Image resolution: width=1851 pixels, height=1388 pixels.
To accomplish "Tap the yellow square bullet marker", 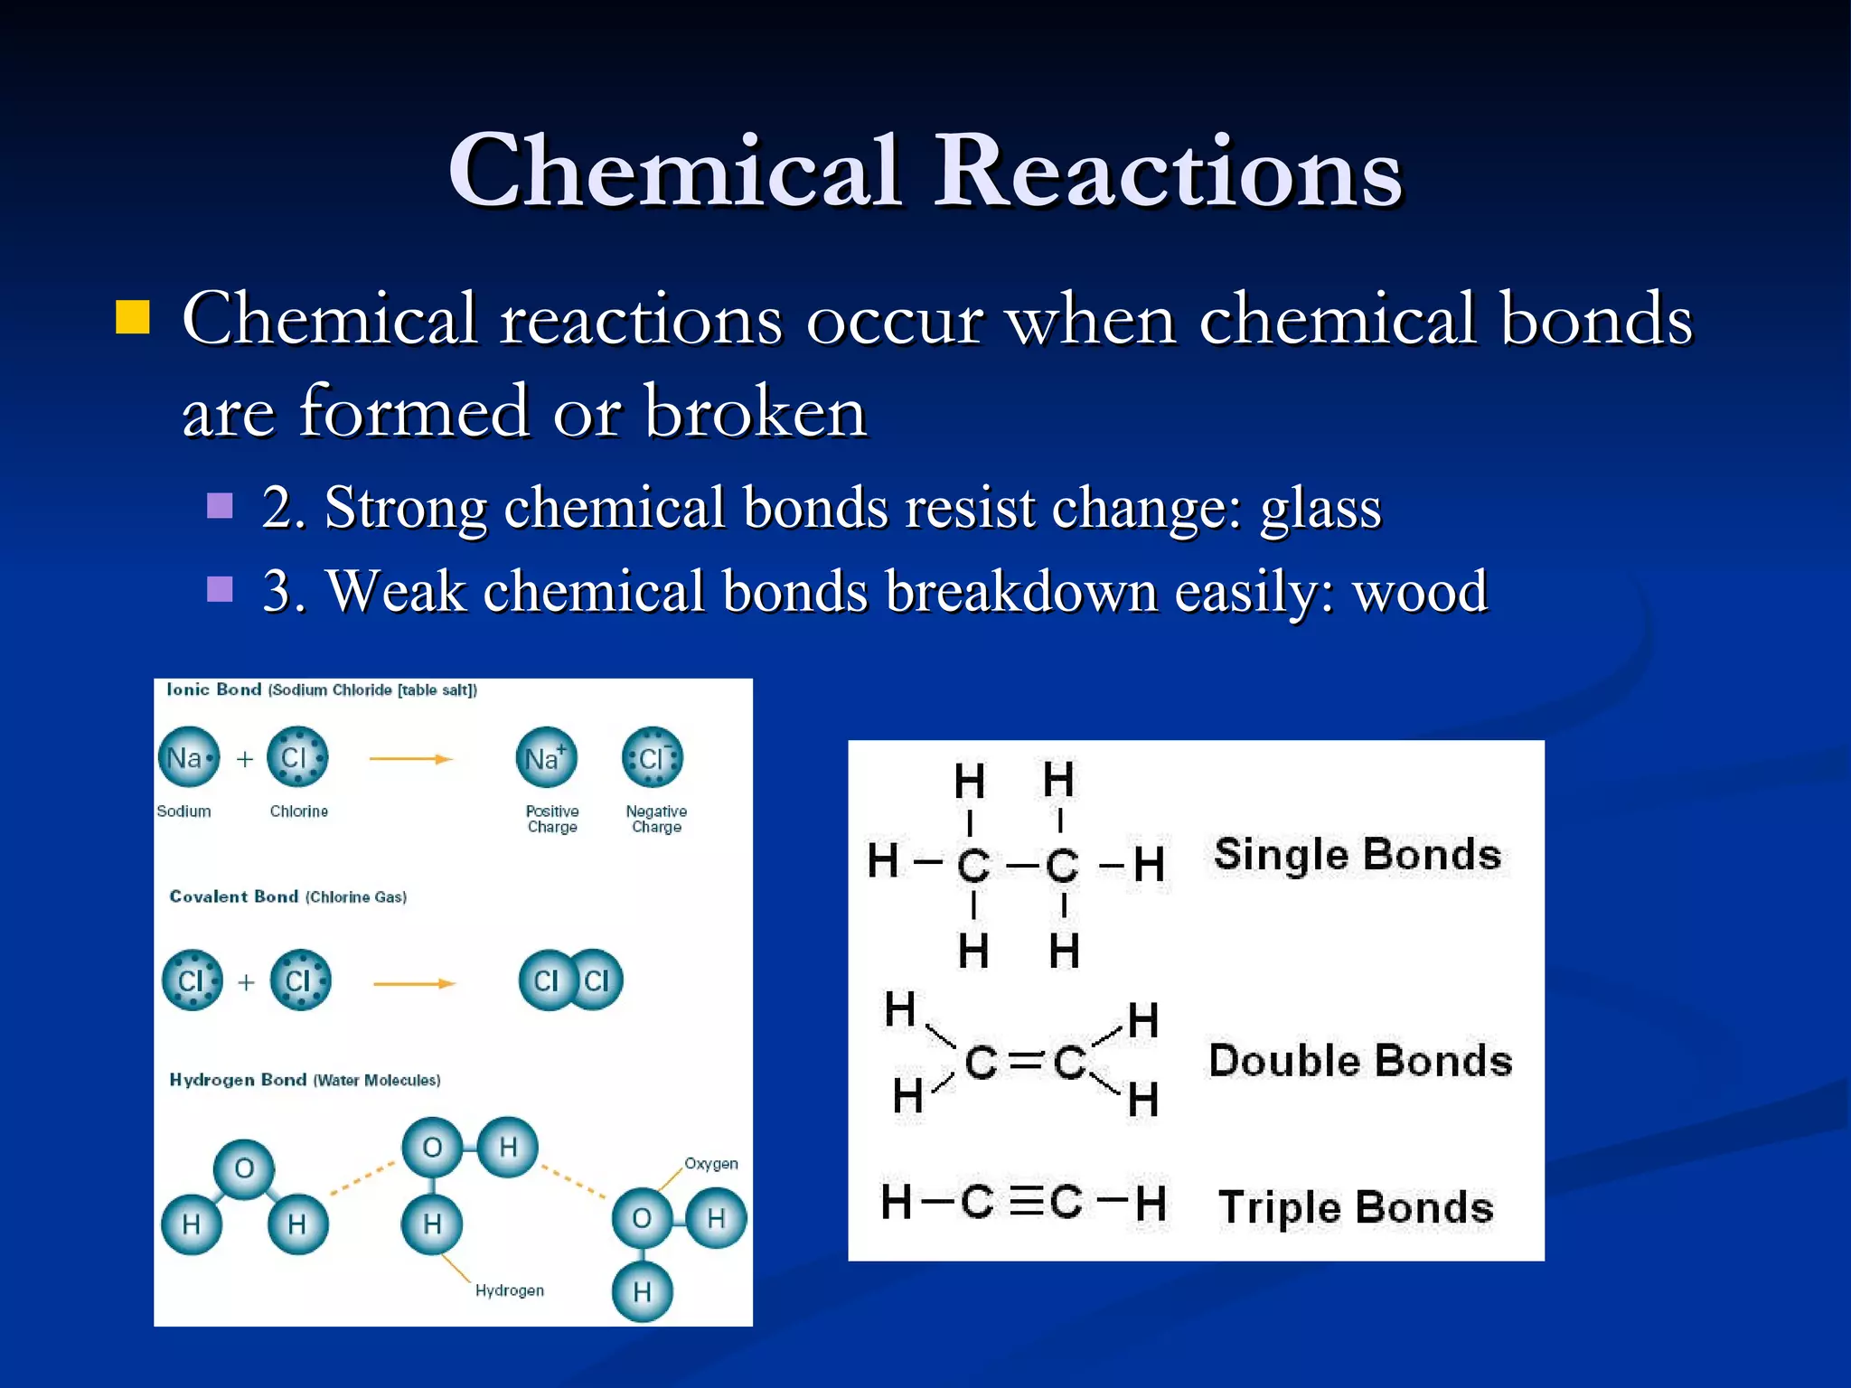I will tap(133, 317).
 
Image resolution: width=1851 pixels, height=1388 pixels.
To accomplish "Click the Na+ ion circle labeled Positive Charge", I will tap(546, 757).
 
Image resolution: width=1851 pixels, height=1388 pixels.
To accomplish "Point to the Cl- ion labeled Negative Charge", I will tap(653, 757).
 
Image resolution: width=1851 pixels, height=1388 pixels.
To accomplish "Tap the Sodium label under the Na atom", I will tap(183, 811).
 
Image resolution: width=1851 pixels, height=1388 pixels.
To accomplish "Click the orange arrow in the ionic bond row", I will tap(410, 759).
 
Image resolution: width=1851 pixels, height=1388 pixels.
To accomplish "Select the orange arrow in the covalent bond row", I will tap(414, 983).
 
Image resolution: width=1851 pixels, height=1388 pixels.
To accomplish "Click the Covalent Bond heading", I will tap(234, 896).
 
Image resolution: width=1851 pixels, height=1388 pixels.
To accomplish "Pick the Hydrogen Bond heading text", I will tap(238, 1080).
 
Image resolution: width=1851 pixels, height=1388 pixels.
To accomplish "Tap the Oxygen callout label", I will tap(710, 1164).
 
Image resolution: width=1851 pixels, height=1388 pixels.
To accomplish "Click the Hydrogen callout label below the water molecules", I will tap(510, 1290).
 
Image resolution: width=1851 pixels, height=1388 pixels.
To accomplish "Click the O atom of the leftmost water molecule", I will tap(244, 1168).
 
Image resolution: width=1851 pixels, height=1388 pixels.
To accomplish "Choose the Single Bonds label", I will tap(1357, 855).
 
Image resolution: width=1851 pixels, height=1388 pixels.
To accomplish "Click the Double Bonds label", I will tap(1360, 1061).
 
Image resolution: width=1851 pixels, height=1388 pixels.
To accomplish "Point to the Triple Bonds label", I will tap(1356, 1207).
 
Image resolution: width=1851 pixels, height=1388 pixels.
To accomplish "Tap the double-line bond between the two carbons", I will tap(1025, 1062).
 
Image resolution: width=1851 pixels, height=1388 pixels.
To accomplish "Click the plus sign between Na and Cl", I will tap(245, 759).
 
